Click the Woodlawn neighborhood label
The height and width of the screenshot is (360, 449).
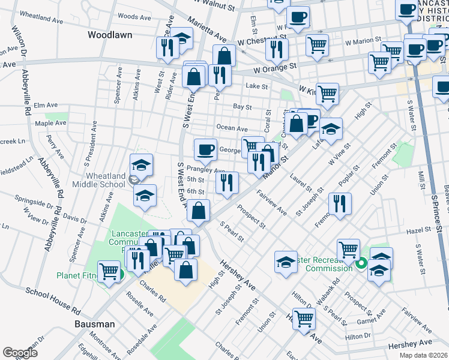[110, 35]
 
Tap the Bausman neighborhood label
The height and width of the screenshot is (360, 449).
[94, 324]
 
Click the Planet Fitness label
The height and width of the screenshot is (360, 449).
[77, 276]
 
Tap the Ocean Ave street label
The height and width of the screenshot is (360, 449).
[232, 128]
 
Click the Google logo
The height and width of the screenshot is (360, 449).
[20, 353]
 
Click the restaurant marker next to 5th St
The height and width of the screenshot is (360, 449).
[227, 182]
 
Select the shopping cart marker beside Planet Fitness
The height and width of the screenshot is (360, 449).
[109, 271]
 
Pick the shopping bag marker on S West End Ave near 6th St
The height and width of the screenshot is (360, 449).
[198, 211]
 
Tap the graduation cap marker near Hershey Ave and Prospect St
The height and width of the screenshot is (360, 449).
[286, 262]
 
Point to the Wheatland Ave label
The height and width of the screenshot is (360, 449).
[42, 19]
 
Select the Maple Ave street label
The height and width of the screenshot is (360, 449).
[50, 123]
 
